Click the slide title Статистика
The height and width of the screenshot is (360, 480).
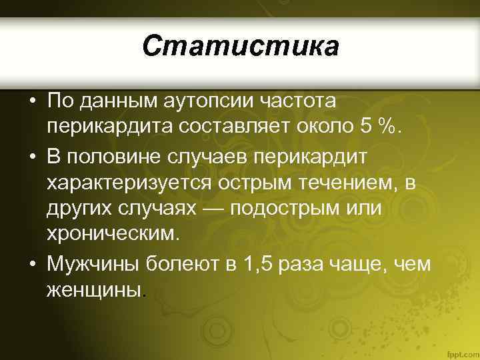click(x=240, y=47)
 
